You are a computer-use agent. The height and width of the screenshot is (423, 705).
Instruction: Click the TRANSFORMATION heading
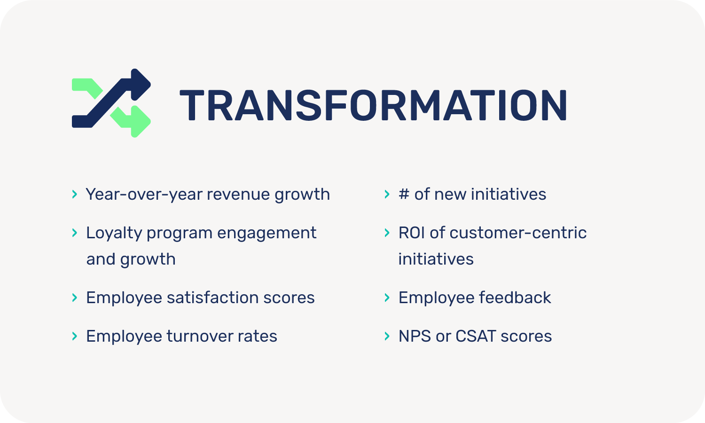[373, 105]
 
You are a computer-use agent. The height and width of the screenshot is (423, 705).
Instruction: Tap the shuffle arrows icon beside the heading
[111, 103]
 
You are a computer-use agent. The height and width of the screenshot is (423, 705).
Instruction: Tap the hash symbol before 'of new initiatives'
[404, 194]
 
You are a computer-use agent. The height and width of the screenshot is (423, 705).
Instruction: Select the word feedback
[515, 298]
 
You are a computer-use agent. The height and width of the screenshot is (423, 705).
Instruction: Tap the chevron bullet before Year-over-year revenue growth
[75, 194]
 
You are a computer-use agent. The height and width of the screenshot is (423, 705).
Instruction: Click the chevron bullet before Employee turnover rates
[75, 336]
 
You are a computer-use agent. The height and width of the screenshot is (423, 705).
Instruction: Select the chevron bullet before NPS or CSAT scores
[387, 336]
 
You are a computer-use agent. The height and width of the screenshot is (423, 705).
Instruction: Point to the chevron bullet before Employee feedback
[387, 298]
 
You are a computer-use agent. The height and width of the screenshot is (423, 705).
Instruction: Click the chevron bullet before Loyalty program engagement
[75, 233]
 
